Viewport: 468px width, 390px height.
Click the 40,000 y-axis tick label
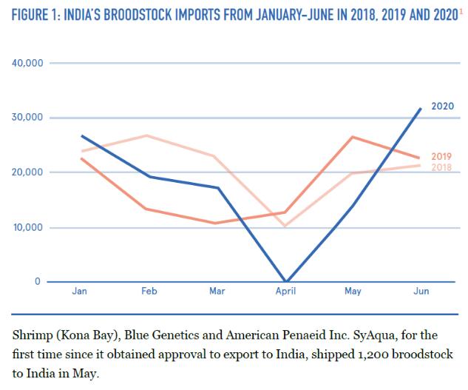click(27, 63)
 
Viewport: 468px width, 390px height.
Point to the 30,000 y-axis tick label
click(27, 118)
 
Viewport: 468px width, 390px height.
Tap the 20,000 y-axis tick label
click(27, 172)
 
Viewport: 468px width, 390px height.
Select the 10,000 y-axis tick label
click(27, 227)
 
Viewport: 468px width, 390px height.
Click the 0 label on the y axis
click(38, 282)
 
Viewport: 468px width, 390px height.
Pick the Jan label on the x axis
click(80, 292)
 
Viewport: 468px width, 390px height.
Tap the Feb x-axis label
click(149, 292)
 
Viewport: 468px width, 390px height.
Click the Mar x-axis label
click(217, 292)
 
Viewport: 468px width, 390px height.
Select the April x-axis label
click(285, 292)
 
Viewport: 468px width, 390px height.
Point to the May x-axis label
click(353, 292)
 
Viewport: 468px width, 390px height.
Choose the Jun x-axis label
click(420, 292)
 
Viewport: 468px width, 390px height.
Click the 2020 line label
click(442, 106)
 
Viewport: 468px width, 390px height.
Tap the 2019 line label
click(442, 157)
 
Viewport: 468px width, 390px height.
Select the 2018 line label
click(442, 167)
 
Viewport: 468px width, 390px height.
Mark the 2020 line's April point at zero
click(285, 281)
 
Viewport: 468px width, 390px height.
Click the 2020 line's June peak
click(421, 109)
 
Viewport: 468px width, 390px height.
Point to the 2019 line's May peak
click(353, 137)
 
